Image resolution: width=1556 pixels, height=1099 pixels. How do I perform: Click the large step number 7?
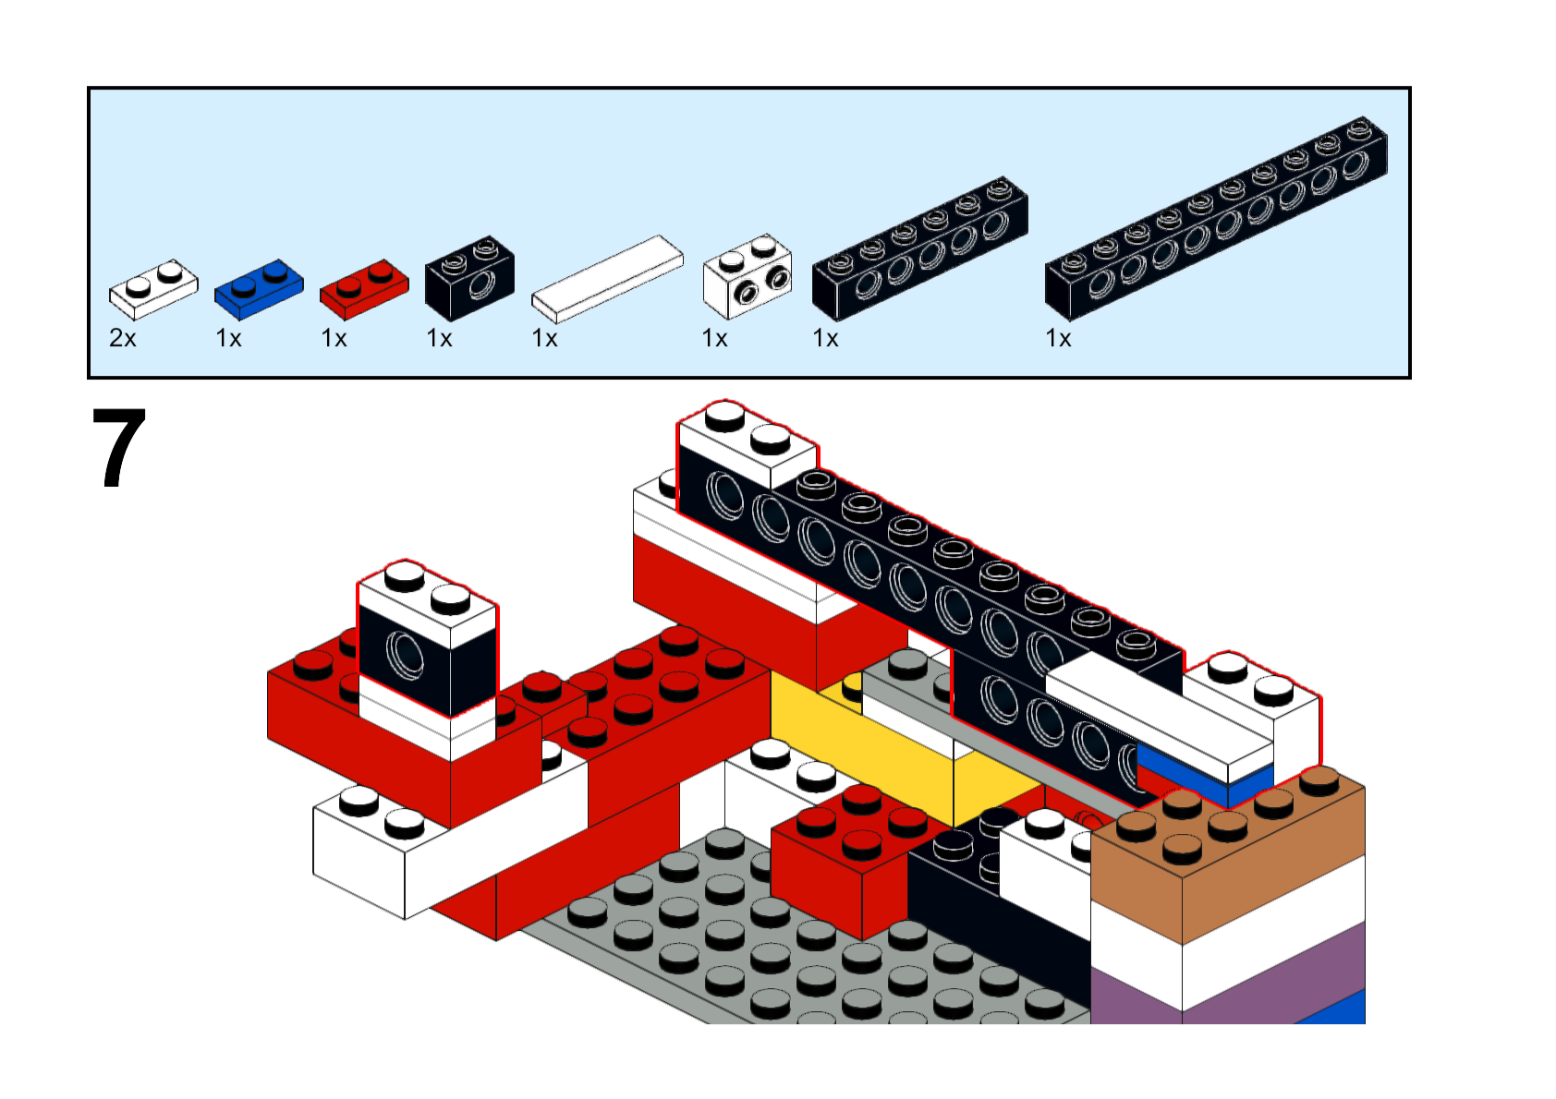119,449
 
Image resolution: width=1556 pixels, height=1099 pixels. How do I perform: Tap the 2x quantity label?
123,339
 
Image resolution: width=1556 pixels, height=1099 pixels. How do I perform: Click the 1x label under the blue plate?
228,339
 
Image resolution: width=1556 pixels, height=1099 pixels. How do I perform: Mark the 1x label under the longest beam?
1058,339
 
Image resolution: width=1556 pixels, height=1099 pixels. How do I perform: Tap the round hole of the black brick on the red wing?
405,655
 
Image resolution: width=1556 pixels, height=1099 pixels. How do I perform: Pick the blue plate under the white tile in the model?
1201,776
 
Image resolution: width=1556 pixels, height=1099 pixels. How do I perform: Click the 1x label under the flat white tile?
544,339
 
